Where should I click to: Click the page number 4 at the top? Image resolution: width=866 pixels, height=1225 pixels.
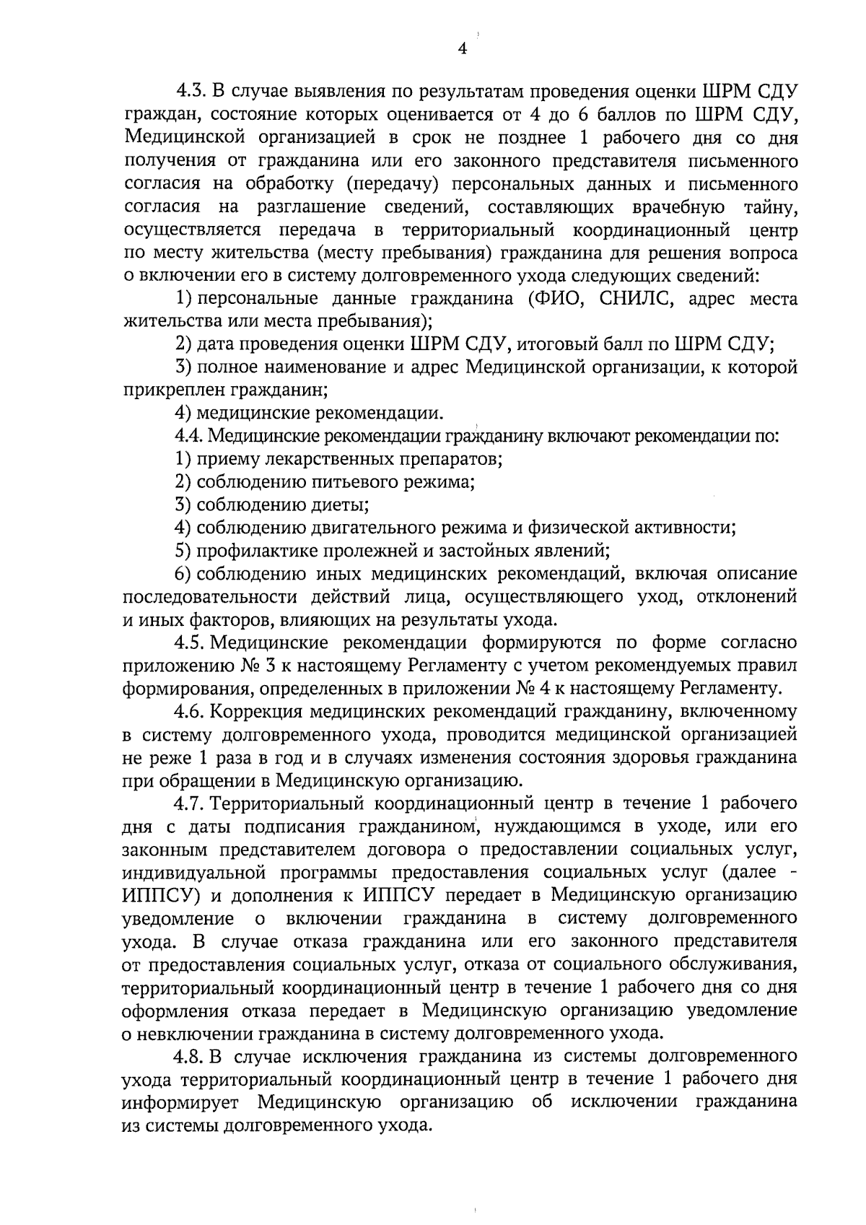coord(463,48)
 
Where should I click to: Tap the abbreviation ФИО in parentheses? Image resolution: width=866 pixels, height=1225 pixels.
coord(558,299)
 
